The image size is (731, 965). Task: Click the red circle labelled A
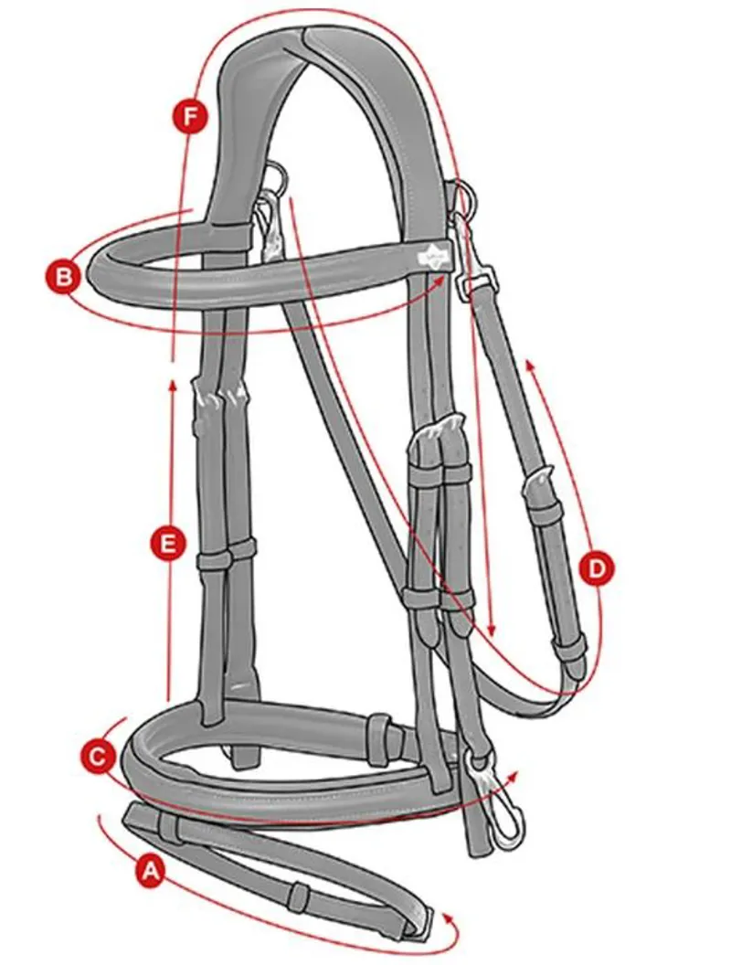(x=150, y=871)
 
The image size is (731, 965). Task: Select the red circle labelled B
(x=62, y=277)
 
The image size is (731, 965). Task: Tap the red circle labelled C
(x=98, y=757)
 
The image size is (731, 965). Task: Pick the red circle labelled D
(x=596, y=568)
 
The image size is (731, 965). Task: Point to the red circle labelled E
(x=167, y=545)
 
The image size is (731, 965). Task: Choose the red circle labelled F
(x=191, y=117)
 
